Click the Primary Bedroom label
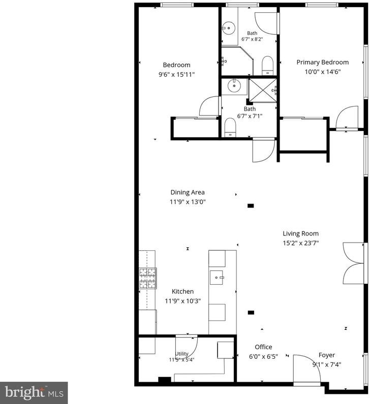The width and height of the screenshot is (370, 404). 323,62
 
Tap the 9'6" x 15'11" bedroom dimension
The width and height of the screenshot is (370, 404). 176,75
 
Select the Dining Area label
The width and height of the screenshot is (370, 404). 188,192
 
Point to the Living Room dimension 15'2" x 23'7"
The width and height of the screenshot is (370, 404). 301,243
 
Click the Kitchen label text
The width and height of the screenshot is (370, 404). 182,291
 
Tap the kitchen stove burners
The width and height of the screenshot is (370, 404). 148,278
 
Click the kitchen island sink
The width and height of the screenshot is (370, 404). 217,278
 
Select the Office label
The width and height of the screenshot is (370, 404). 263,347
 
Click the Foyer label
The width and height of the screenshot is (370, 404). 327,355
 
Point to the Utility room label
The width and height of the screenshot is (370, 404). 182,353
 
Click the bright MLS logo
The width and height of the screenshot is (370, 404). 34,393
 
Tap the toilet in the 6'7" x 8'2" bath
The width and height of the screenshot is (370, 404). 267,65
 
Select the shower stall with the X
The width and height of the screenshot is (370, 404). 262,91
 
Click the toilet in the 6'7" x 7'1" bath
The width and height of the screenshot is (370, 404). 230,127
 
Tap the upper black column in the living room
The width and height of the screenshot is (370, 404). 251,206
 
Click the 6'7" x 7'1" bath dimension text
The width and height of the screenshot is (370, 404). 250,116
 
